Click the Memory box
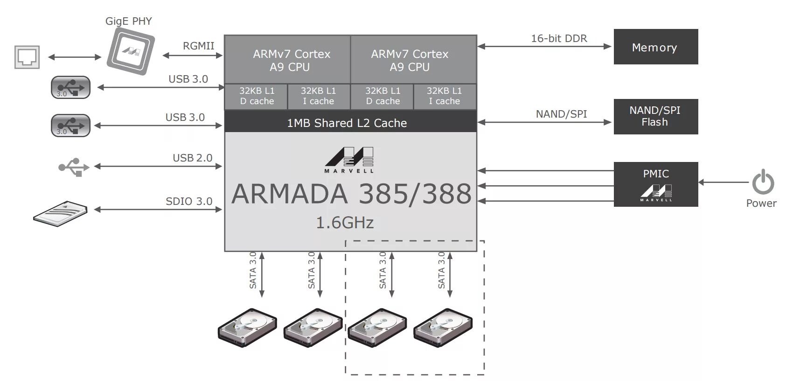pyautogui.click(x=655, y=47)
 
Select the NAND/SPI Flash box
pyautogui.click(x=655, y=117)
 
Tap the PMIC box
pyautogui.click(x=655, y=184)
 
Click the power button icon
pyautogui.click(x=763, y=182)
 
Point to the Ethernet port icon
pyautogui.click(x=27, y=57)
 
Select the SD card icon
pyautogui.click(x=61, y=214)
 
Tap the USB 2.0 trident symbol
pyautogui.click(x=74, y=167)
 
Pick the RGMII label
pyautogui.click(x=198, y=46)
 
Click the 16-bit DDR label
pyautogui.click(x=559, y=38)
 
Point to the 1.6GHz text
pyautogui.click(x=345, y=223)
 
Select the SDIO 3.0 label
pyautogui.click(x=189, y=201)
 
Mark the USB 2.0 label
pyautogui.click(x=192, y=158)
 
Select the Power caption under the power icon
pyautogui.click(x=761, y=203)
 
